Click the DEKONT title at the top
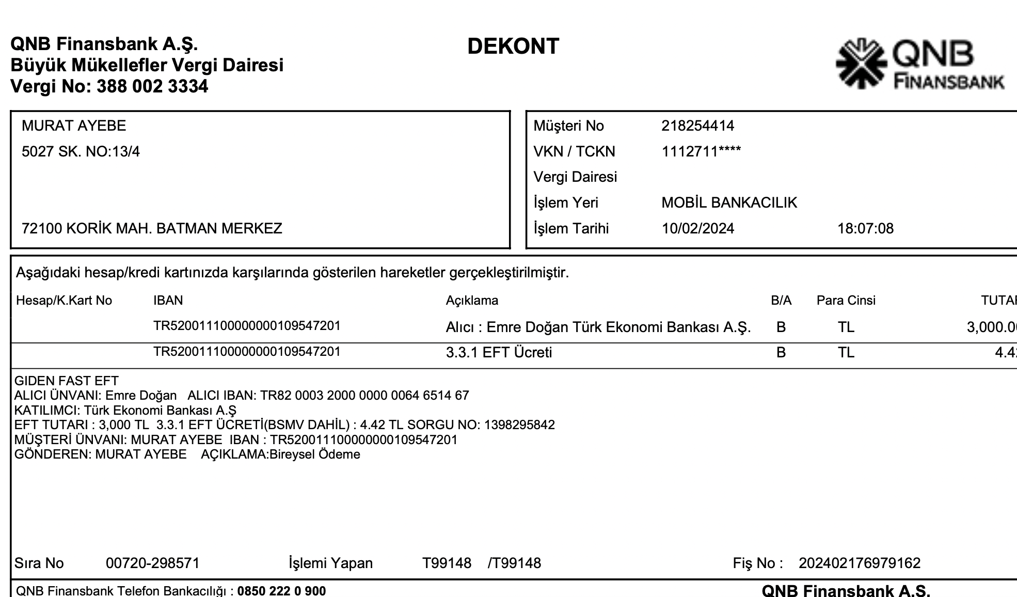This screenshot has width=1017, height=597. click(x=513, y=46)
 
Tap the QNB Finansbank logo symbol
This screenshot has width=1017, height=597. click(x=861, y=64)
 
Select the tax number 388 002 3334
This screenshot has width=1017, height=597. click(x=152, y=86)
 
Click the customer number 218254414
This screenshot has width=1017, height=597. click(x=697, y=126)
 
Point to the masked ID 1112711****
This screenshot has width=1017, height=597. click(x=701, y=152)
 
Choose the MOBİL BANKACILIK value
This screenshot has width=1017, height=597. click(x=729, y=203)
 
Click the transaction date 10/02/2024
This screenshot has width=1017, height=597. click(x=697, y=229)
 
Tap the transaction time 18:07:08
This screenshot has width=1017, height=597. click(x=865, y=229)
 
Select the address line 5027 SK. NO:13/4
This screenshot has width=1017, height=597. click(x=81, y=152)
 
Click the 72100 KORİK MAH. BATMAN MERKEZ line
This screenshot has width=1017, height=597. click(x=152, y=229)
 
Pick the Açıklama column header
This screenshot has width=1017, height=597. click(x=472, y=301)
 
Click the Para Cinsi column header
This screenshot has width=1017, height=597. click(x=846, y=301)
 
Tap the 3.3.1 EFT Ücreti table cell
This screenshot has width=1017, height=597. click(x=499, y=353)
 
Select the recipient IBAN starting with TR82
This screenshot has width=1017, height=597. click(x=364, y=396)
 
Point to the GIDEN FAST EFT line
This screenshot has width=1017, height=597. click(x=67, y=381)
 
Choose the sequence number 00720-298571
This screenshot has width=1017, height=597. click(x=153, y=563)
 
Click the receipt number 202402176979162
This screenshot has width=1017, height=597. click(x=860, y=563)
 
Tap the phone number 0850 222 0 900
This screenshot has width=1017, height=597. click(x=281, y=591)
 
